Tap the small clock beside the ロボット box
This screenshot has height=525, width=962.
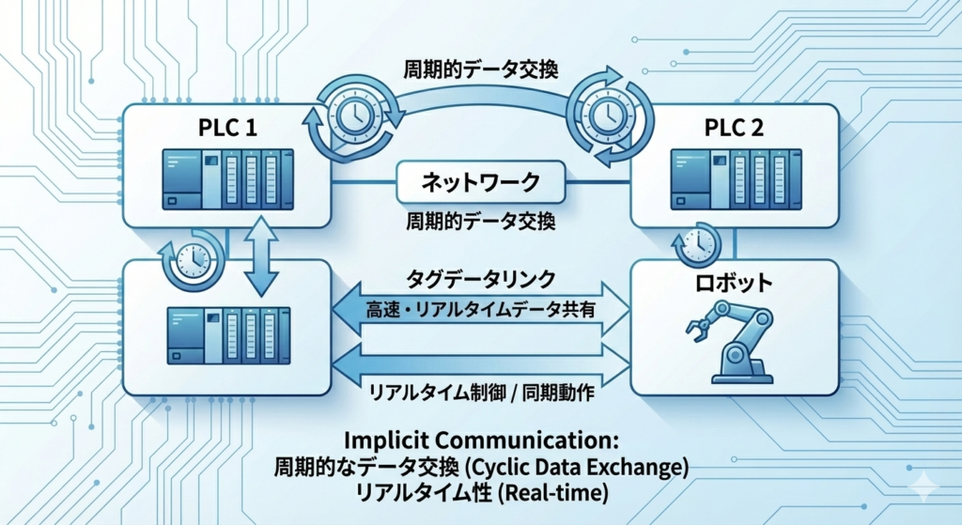tap(696, 244)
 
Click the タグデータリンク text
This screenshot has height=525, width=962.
tap(481, 279)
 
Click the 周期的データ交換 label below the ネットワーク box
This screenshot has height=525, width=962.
tap(481, 222)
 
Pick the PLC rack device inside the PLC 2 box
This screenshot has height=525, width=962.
tap(732, 178)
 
